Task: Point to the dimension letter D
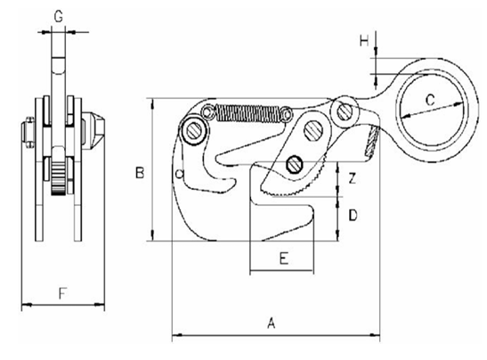(x=353, y=215)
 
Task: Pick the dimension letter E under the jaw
(x=283, y=259)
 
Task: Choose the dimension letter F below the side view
(x=61, y=291)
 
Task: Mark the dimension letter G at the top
(x=58, y=15)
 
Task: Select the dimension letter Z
(x=353, y=178)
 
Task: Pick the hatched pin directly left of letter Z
(x=296, y=163)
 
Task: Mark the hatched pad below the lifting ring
(x=375, y=138)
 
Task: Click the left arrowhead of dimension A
(x=175, y=336)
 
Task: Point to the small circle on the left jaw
(x=180, y=172)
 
